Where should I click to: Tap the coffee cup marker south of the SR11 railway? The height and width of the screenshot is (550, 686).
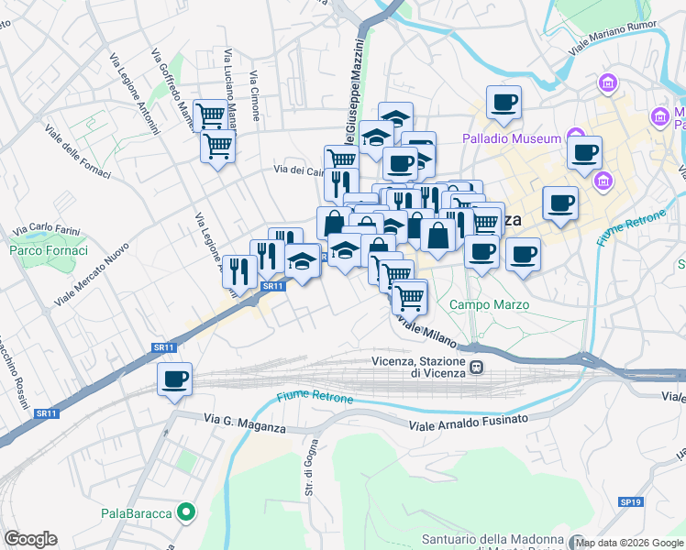(174, 379)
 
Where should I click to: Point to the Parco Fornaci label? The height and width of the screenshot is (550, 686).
(49, 250)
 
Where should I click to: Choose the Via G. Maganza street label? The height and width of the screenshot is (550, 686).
(245, 423)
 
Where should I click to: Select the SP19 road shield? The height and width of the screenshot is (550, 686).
(630, 502)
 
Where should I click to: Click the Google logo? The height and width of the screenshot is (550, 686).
(30, 538)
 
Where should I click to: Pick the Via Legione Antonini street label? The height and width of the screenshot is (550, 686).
(134, 93)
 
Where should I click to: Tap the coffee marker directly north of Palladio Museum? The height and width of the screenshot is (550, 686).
(503, 103)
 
